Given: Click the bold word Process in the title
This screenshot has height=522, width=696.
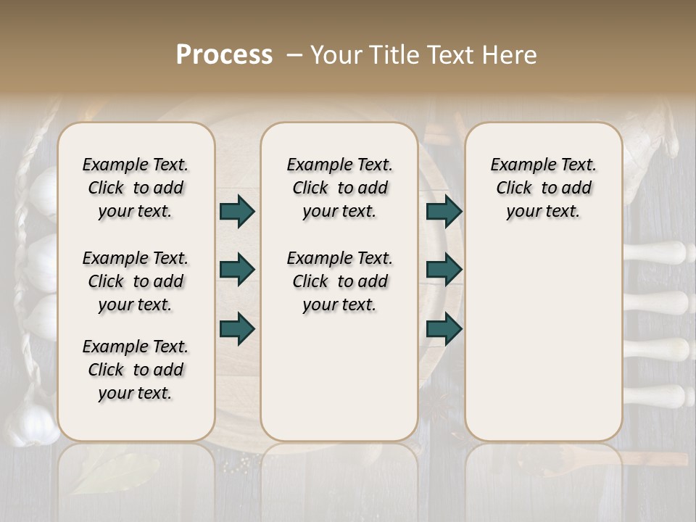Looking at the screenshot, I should [x=224, y=54].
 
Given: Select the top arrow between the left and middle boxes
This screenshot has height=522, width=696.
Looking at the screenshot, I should [x=237, y=211].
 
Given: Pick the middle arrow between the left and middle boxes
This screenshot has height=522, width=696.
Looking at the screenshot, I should [x=237, y=270].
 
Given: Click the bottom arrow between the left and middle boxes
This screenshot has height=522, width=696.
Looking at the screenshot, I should [x=237, y=328].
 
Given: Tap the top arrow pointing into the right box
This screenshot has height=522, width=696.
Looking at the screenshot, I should [x=444, y=211].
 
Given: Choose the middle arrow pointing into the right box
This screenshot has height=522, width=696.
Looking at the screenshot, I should [x=444, y=270].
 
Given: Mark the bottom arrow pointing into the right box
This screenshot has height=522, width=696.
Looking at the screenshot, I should [x=444, y=328].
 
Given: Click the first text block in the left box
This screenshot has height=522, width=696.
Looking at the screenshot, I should [x=136, y=188].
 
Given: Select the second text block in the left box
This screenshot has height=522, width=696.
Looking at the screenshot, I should [x=136, y=281].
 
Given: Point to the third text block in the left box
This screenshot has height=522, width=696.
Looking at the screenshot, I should [x=136, y=370].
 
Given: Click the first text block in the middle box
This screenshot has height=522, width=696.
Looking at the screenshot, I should [x=339, y=188].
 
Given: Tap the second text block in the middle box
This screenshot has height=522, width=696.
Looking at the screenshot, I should [x=339, y=281].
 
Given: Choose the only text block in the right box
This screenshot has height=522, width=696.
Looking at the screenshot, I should [x=543, y=188].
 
